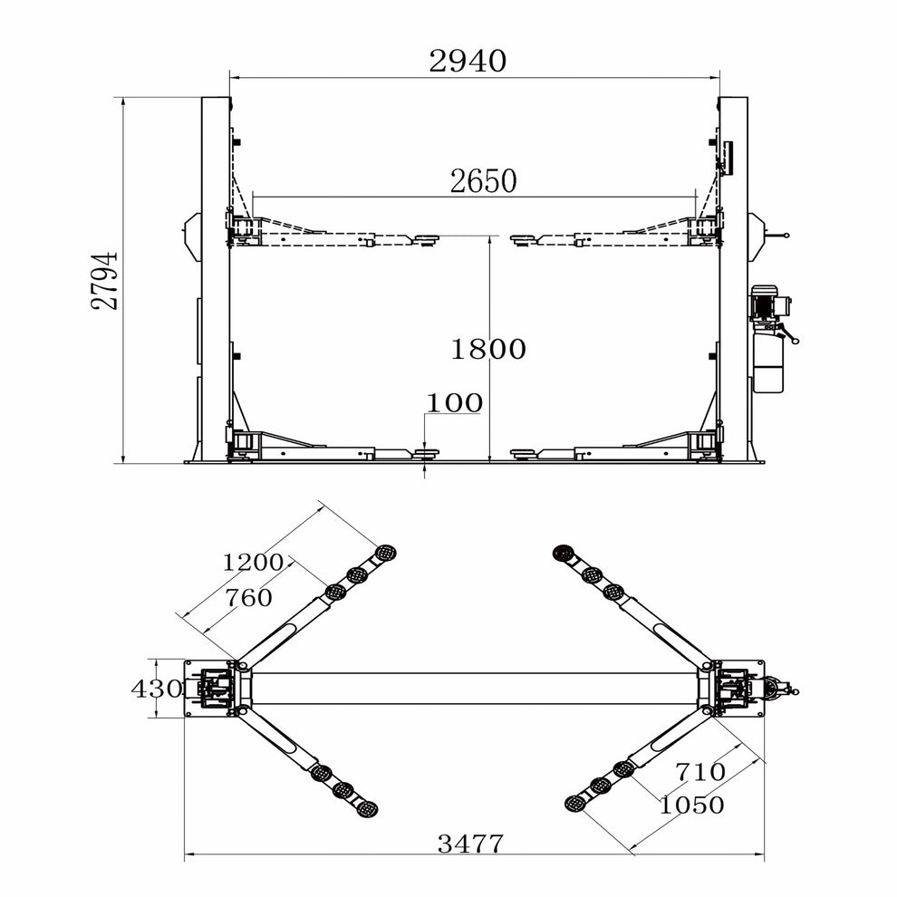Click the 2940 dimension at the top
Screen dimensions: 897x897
(468, 62)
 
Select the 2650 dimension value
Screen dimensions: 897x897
(483, 181)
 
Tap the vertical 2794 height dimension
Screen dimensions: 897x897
(105, 281)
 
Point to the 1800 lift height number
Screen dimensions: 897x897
(488, 349)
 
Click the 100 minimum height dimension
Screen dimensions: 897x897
(455, 403)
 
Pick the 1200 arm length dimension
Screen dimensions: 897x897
(254, 562)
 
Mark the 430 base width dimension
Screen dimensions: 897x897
(157, 689)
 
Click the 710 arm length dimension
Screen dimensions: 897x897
(699, 772)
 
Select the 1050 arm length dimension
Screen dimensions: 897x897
(692, 805)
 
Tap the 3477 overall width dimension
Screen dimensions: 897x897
(470, 844)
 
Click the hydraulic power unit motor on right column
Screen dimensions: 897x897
(768, 302)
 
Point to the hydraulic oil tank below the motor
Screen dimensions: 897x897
(769, 362)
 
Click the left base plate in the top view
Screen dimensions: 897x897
(210, 689)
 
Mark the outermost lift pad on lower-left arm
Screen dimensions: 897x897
(367, 808)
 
